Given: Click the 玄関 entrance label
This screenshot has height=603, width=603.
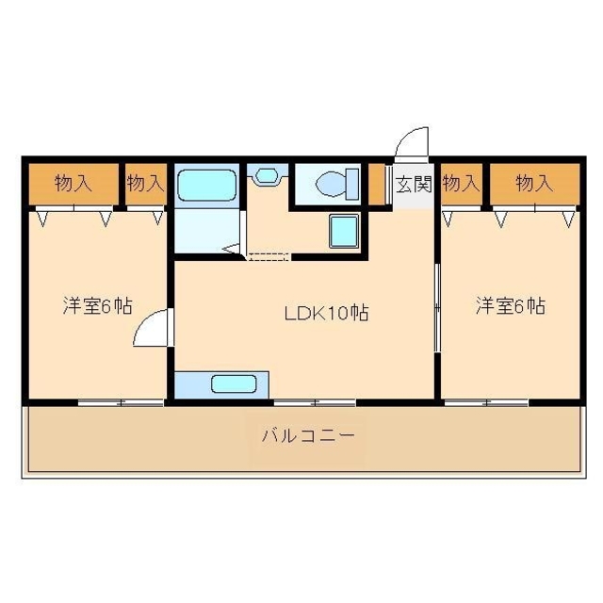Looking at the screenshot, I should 413,184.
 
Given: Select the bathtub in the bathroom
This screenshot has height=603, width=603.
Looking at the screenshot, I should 205,186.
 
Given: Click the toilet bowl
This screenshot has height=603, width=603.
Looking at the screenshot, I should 334,184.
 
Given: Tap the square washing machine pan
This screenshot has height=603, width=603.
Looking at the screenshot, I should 343,230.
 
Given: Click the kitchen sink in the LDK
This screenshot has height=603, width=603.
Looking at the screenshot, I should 232,384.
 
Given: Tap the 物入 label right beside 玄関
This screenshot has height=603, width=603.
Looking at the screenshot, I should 461,184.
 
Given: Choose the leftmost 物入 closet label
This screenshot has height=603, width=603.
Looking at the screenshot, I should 73,184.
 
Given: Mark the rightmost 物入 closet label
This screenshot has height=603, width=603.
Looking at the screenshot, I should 533,184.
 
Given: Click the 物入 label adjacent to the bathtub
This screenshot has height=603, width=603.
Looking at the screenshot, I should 145,184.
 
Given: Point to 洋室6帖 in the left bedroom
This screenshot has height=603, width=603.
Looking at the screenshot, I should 97,306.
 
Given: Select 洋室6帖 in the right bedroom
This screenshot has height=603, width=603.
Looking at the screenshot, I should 510,306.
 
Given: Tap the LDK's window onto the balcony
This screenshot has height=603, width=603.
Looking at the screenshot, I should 315,403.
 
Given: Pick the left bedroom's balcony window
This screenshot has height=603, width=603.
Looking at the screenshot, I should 121,403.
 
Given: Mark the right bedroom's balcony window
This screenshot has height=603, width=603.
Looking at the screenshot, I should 486,403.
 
